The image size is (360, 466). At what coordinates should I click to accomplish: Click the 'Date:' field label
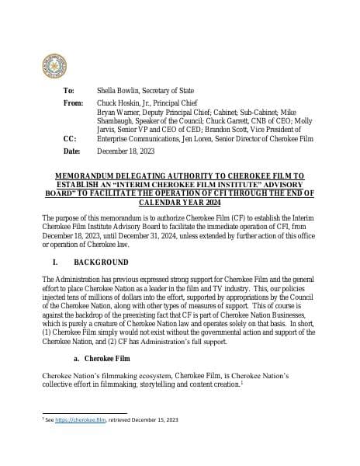(71, 151)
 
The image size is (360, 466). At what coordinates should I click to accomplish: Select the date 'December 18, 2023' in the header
(126, 151)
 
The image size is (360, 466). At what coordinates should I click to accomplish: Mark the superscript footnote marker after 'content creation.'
(243, 382)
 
